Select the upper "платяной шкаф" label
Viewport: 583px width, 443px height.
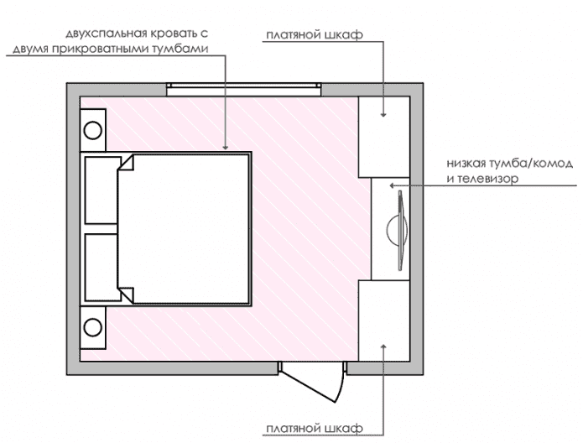[314, 35]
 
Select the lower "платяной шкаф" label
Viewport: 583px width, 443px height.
[313, 429]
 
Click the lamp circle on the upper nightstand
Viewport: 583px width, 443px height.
[92, 131]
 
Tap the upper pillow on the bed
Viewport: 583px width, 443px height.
[101, 190]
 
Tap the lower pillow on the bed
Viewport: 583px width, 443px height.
[101, 267]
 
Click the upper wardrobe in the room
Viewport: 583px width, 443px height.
[384, 136]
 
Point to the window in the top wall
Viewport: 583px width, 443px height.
[244, 87]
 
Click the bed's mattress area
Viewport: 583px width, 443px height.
[189, 228]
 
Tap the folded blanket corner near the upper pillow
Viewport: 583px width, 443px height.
[127, 164]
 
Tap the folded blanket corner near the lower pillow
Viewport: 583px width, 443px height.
[127, 294]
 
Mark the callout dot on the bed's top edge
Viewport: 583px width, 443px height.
[226, 148]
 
